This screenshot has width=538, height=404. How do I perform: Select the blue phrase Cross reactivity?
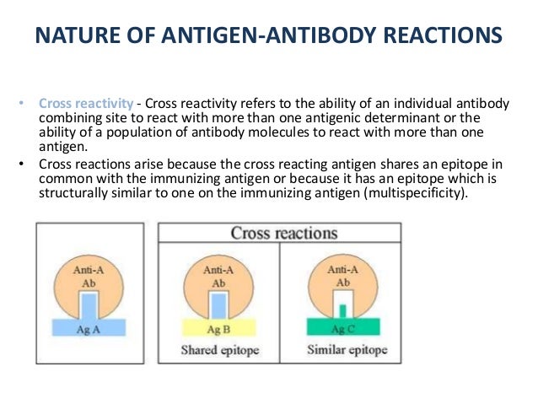tap(85, 104)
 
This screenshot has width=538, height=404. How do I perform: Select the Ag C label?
tap(342, 328)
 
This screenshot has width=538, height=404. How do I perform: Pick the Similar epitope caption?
tap(342, 349)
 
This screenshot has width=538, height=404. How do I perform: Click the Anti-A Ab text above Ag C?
tap(342, 276)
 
